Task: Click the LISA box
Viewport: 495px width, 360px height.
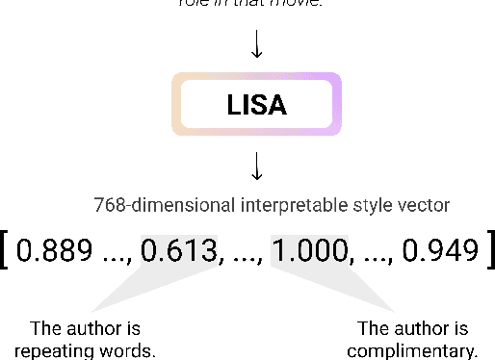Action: pos(256,103)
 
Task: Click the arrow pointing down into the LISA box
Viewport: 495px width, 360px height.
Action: pos(256,43)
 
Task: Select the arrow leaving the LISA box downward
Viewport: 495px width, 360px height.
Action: pos(256,167)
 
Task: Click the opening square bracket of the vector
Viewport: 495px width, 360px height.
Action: pos(8,250)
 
